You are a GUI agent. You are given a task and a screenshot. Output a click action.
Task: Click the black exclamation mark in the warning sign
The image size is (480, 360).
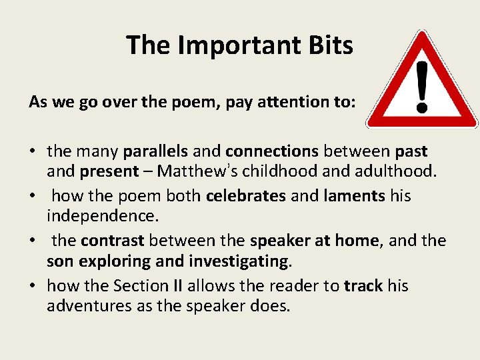pyautogui.click(x=421, y=86)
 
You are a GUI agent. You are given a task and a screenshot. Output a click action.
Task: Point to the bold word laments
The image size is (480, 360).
pyautogui.click(x=354, y=196)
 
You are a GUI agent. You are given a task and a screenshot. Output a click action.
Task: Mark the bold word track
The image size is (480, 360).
pyautogui.click(x=363, y=285)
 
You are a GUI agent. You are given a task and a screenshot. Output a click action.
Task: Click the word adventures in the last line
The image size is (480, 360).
pyautogui.click(x=83, y=305)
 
